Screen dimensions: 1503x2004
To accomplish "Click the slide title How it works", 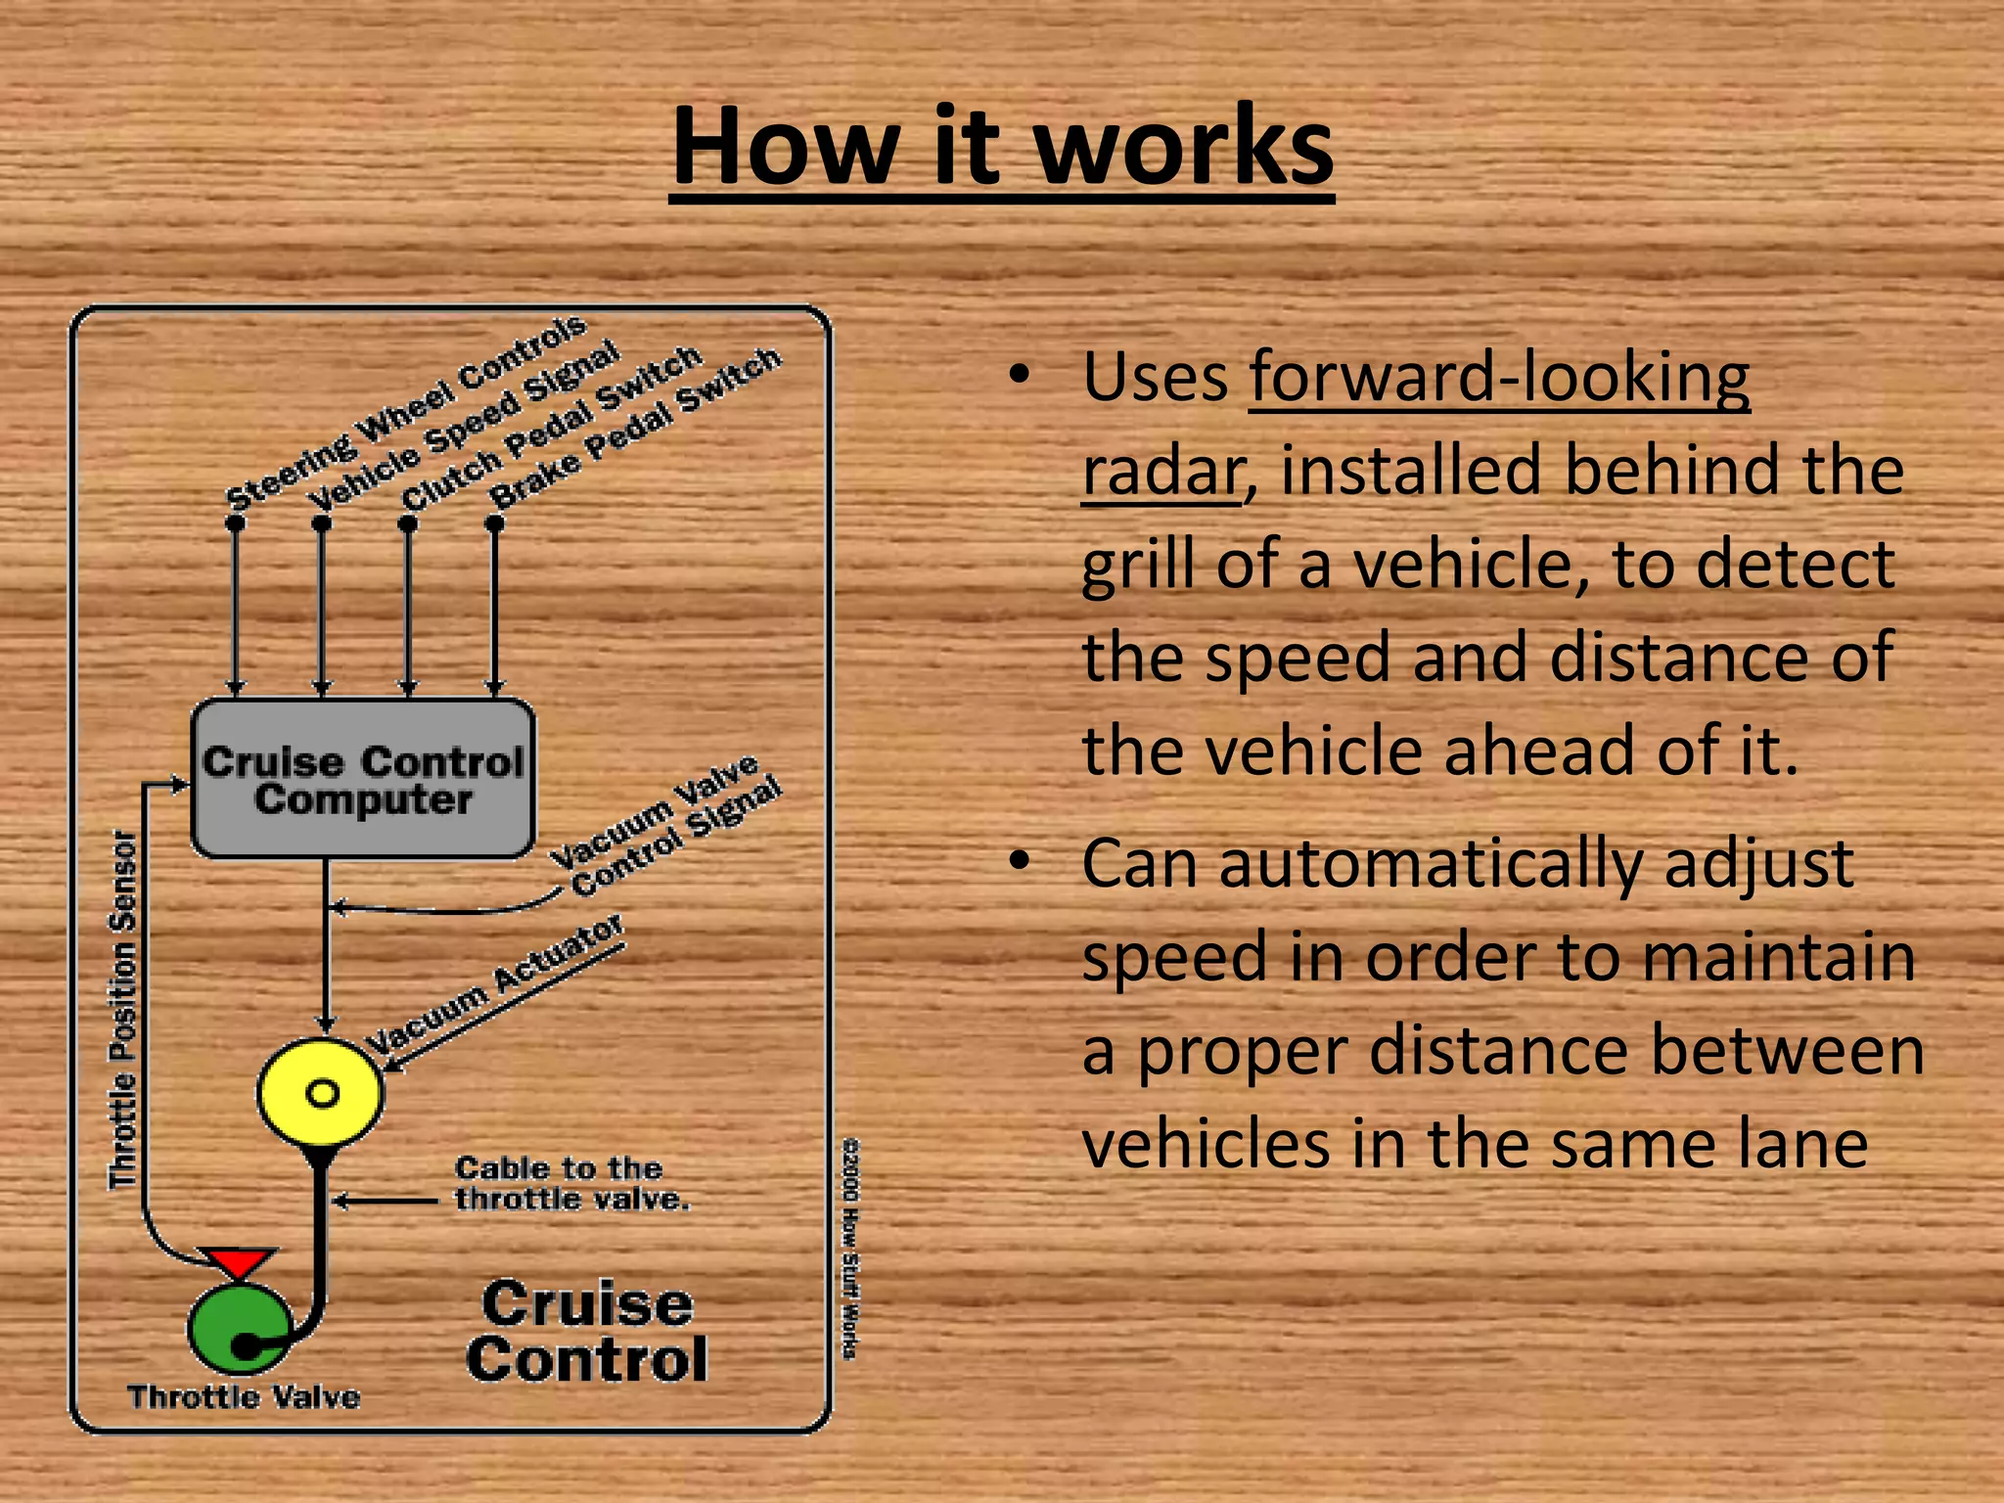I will [1002, 147].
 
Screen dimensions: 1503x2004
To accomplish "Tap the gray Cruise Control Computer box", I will [363, 779].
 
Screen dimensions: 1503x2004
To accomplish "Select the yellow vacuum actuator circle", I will [321, 1092].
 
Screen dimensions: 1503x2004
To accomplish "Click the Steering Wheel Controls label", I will [406, 412].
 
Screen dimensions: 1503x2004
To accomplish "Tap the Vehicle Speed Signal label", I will [465, 426].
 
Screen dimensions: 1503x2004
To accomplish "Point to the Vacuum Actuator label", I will [494, 983].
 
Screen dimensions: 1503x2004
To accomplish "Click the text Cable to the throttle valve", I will [571, 1183].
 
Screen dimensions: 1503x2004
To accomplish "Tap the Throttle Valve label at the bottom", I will [244, 1396].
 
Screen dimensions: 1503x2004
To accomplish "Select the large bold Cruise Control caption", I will [587, 1332].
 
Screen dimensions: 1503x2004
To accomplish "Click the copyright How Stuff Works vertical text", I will [850, 1248].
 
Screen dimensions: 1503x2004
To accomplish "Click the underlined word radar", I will [1161, 471].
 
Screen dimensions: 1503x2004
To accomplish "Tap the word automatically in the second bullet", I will [1431, 865].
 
